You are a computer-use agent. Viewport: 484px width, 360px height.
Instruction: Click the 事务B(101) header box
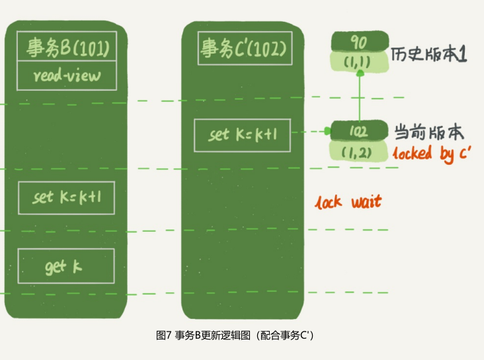tap(67, 46)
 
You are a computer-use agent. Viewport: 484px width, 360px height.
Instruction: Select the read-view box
tap(67, 75)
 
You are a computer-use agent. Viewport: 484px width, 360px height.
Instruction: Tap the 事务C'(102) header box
tap(245, 48)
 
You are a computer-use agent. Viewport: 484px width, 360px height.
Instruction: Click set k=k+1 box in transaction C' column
tap(242, 136)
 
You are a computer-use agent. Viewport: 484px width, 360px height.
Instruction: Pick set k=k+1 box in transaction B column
tap(66, 198)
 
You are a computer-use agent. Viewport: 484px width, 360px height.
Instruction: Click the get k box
tap(66, 266)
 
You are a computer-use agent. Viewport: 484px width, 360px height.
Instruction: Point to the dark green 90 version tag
tap(360, 42)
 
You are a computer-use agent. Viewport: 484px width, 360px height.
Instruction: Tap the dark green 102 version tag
tap(359, 131)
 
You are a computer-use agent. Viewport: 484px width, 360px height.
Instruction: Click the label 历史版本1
tap(428, 54)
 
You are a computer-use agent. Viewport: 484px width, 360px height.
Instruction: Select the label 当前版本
tap(429, 132)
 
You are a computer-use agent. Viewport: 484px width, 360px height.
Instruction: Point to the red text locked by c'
tap(432, 154)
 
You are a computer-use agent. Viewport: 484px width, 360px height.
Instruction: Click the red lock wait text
tap(348, 202)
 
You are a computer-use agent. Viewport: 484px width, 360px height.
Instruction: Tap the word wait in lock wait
tap(367, 202)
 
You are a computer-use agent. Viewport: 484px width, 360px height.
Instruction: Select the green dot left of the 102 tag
tap(327, 131)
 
